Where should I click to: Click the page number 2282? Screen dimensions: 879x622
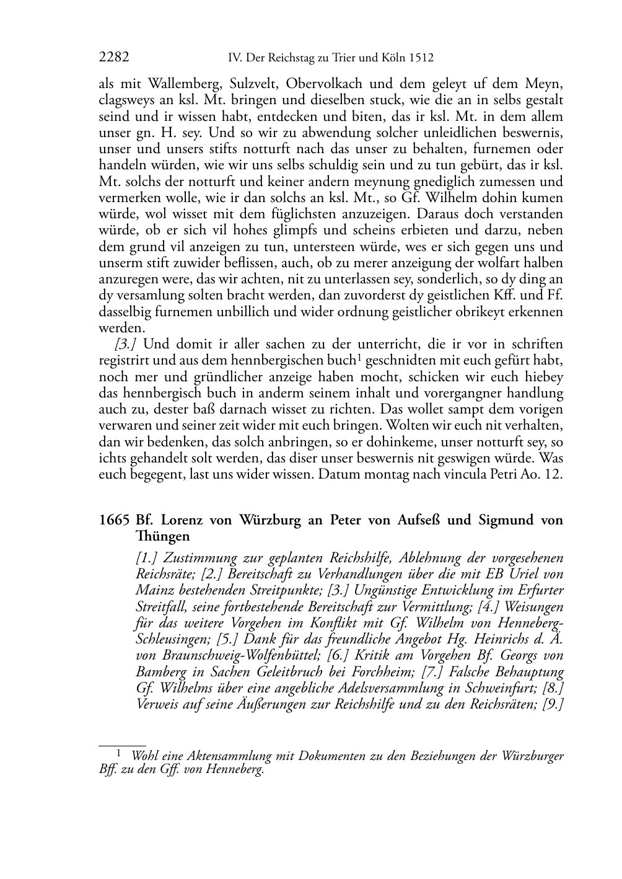[114, 58]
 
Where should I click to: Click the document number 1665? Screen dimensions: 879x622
[113, 520]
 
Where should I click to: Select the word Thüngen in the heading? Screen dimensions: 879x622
[162, 536]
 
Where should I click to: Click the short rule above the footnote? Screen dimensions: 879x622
[122, 746]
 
